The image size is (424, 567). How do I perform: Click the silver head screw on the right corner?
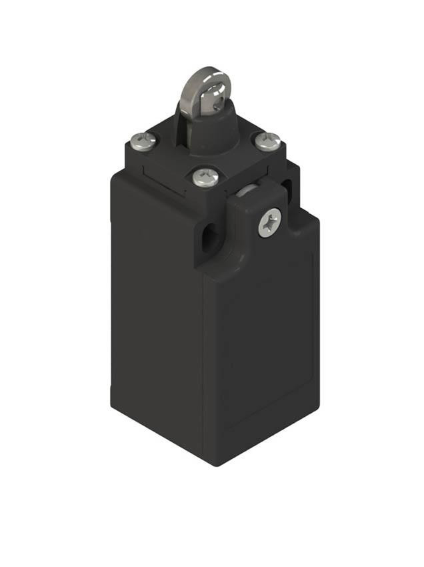267,141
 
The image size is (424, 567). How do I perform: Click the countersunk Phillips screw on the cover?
270,222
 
